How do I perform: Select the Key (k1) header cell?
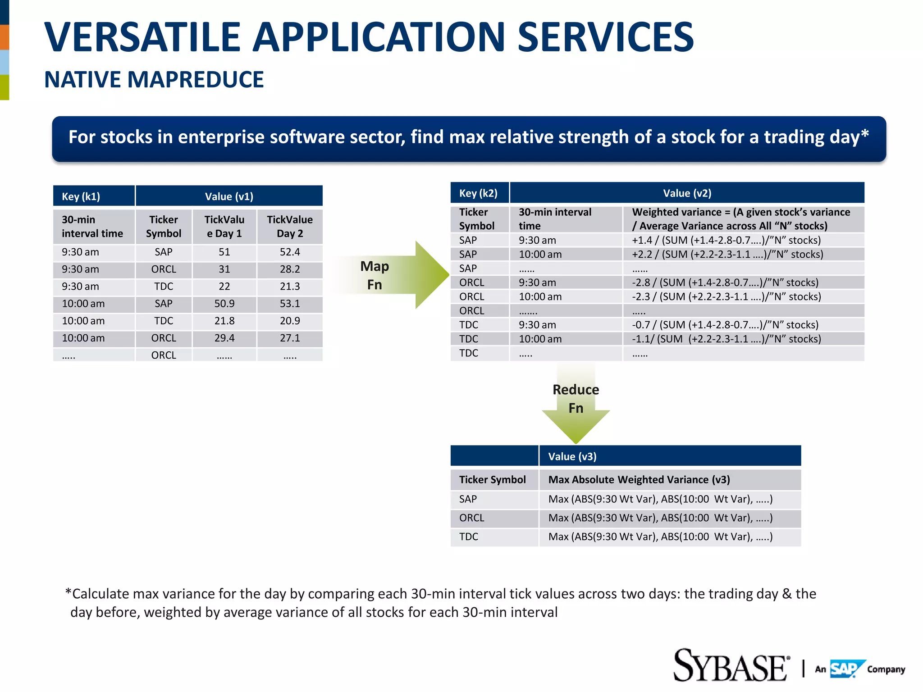pos(94,196)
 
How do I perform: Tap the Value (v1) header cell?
pos(229,196)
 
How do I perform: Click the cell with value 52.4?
pos(289,252)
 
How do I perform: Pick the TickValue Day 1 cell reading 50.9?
pos(224,304)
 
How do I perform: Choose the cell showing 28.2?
pos(289,269)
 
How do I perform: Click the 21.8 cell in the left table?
pos(224,321)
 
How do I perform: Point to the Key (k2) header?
pos(479,193)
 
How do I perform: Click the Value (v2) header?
pos(687,193)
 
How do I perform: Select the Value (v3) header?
pos(572,456)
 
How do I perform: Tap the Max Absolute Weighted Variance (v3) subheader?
pos(639,480)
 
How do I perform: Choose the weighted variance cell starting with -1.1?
pos(726,339)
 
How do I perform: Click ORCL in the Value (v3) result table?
pos(471,518)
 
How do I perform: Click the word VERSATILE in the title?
pos(142,37)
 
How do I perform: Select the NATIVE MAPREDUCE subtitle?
pos(154,80)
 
